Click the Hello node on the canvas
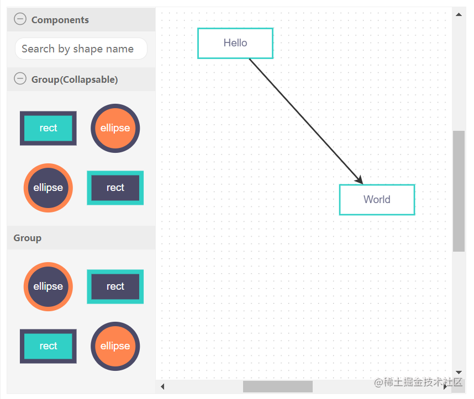(x=235, y=43)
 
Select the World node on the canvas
(x=377, y=200)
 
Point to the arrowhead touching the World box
(x=360, y=180)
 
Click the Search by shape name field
(x=81, y=49)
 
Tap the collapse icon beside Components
(x=20, y=19)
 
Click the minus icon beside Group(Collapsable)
(x=20, y=78)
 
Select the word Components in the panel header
(x=60, y=20)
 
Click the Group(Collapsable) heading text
(x=75, y=79)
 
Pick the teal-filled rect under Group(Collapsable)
(x=48, y=128)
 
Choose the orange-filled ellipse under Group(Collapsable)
(x=115, y=128)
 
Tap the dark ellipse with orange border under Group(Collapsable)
(x=48, y=188)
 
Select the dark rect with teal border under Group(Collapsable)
(x=115, y=188)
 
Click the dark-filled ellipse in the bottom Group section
(x=48, y=286)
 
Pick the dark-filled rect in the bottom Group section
(x=115, y=286)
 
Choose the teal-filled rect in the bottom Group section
(x=48, y=346)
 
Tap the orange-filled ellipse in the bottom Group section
(x=115, y=346)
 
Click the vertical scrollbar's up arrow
(x=459, y=14)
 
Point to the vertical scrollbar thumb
(x=459, y=191)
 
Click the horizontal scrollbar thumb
(x=278, y=387)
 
